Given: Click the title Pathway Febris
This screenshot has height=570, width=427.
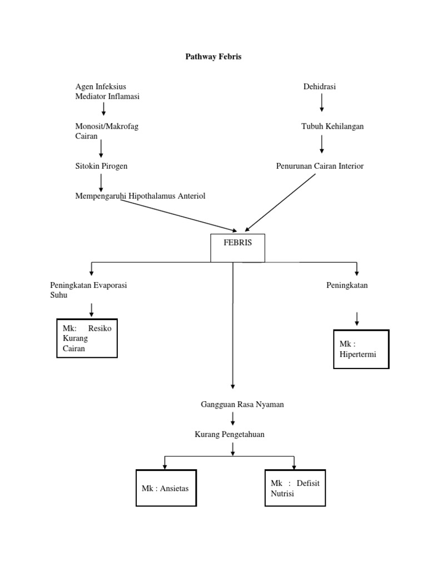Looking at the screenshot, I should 213,57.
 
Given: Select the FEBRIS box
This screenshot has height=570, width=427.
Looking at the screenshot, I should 237,248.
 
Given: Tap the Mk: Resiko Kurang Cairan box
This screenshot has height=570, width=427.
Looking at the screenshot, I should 87,338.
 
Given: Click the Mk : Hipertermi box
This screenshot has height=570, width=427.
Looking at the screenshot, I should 361,349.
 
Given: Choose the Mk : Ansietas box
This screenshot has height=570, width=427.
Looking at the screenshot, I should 166,488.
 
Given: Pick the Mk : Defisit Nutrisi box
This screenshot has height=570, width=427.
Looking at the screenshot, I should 295,488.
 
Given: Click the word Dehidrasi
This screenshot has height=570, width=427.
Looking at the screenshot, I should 319,86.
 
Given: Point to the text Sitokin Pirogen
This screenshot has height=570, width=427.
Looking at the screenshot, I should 105,166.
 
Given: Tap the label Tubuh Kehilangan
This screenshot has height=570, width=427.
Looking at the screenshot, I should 332,126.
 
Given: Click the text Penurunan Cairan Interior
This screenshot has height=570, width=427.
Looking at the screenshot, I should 320,166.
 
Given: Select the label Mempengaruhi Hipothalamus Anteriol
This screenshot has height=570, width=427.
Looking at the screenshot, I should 140,196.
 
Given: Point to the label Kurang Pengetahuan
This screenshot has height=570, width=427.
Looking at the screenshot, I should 229,434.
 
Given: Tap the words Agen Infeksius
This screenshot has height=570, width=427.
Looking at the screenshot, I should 101,86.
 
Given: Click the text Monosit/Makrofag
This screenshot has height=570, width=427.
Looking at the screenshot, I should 106,126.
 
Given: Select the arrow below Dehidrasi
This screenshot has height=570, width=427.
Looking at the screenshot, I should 321,102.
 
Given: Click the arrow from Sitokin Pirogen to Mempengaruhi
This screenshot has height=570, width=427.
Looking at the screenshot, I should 101,181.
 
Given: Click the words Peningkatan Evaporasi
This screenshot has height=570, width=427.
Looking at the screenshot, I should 88,286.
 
